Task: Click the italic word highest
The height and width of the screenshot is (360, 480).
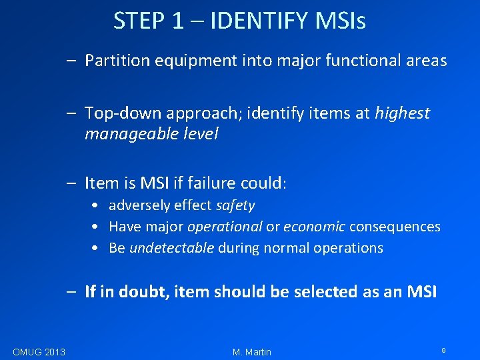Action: pyautogui.click(x=402, y=114)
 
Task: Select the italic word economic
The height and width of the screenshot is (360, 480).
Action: pyautogui.click(x=314, y=227)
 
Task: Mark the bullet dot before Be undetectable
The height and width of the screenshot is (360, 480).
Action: pyautogui.click(x=97, y=248)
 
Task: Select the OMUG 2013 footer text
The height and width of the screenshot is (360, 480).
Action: pyautogui.click(x=39, y=351)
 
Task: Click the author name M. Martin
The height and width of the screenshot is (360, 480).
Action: pyautogui.click(x=252, y=351)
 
